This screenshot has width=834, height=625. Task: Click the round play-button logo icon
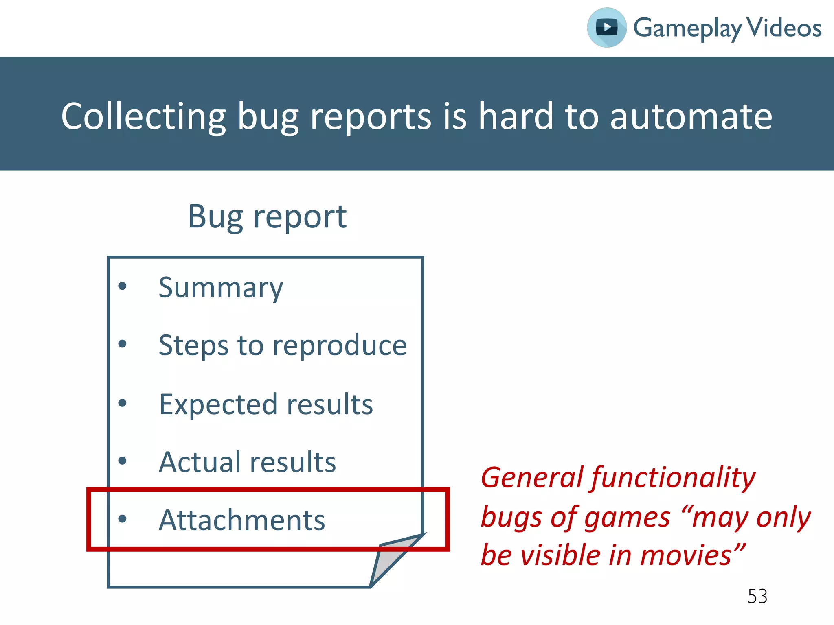(606, 28)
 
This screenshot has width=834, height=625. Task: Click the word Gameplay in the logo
(687, 28)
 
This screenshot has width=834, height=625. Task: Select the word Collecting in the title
(143, 117)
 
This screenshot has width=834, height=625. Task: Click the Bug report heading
(267, 216)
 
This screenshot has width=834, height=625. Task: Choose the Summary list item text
(220, 288)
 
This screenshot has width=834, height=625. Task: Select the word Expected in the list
(218, 405)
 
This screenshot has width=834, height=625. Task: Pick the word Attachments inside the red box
(242, 520)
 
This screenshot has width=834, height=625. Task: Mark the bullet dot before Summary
(122, 286)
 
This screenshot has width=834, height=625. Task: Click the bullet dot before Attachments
(122, 518)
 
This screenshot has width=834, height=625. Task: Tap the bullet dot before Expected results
(122, 403)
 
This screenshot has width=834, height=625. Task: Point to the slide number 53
(757, 597)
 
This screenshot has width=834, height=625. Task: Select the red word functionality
(673, 478)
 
